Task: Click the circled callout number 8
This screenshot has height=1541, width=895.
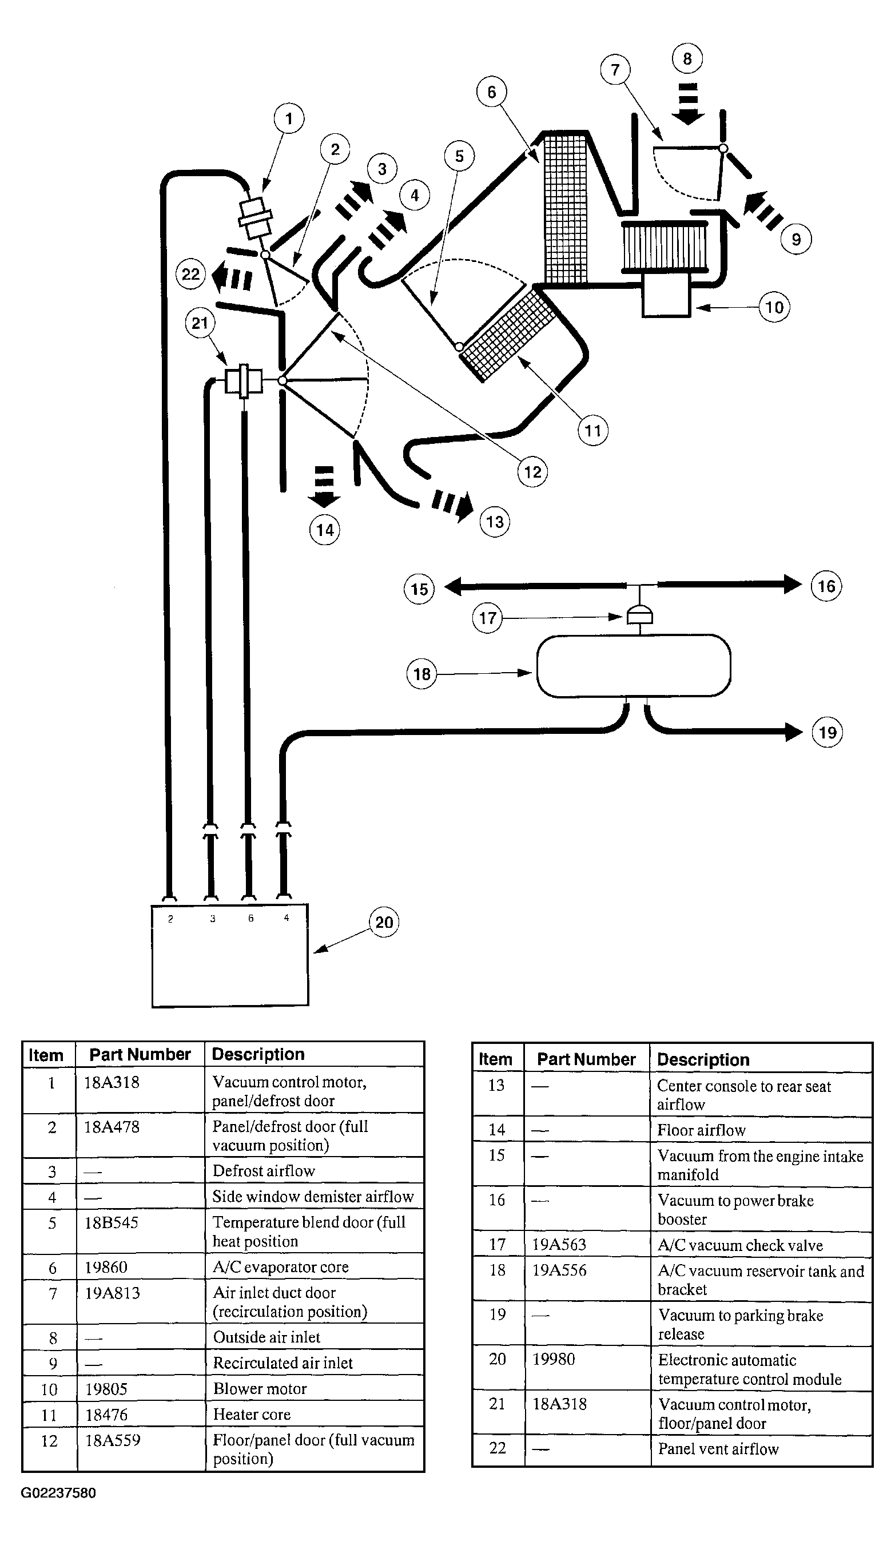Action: point(687,59)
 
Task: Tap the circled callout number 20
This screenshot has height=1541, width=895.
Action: point(384,922)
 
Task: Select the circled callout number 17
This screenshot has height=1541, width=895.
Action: point(487,618)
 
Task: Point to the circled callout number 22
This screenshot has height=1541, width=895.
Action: point(191,274)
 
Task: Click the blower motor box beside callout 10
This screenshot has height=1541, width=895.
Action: point(666,295)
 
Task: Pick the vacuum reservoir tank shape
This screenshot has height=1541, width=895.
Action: point(633,665)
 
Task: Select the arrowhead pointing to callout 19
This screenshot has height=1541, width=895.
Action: point(794,732)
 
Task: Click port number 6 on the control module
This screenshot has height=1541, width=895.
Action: point(250,919)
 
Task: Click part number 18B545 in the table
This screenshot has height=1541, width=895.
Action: point(112,1223)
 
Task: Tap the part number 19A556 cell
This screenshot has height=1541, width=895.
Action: point(559,1270)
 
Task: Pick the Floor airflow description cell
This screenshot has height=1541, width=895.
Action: point(701,1131)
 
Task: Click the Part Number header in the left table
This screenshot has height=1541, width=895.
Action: point(140,1055)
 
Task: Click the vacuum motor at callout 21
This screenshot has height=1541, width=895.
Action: point(243,380)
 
